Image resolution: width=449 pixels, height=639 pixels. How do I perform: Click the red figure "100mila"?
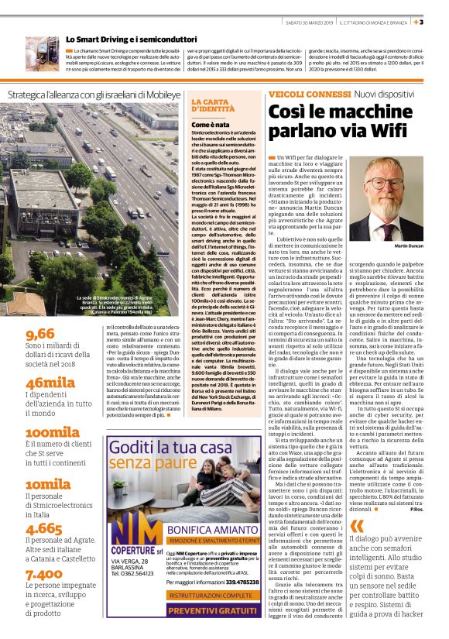(x=53, y=431)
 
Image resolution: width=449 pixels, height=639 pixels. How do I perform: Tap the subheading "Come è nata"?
(x=211, y=125)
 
